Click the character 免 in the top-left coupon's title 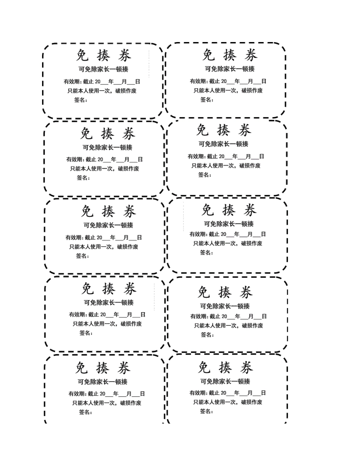82,56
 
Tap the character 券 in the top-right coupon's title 250,55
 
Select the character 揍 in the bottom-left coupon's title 103,368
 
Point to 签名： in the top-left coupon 81,100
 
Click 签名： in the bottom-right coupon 207,411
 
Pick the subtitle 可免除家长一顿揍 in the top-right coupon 230,69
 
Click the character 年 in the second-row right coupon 235,156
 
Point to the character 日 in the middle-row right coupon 263,234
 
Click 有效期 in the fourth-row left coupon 77,314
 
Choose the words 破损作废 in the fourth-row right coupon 252,325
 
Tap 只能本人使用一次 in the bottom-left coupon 94,403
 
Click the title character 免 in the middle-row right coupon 208,210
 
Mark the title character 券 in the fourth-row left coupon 130,289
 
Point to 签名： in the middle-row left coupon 82,256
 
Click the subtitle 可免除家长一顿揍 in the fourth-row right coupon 225,306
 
